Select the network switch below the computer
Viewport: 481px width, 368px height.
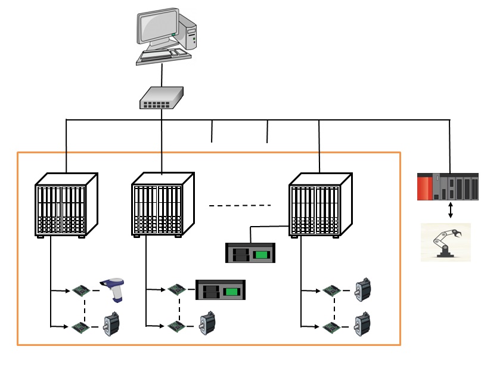[162, 98]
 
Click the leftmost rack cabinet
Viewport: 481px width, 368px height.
[66, 205]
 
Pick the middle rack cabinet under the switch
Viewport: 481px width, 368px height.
[162, 205]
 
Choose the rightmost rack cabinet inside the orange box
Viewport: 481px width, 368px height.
[319, 205]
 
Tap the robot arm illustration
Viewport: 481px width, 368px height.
[446, 242]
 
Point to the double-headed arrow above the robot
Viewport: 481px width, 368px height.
[450, 210]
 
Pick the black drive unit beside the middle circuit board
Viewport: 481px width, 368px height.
[221, 290]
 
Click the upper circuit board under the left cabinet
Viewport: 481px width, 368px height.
[80, 290]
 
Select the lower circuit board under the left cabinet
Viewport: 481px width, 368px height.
[80, 327]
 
